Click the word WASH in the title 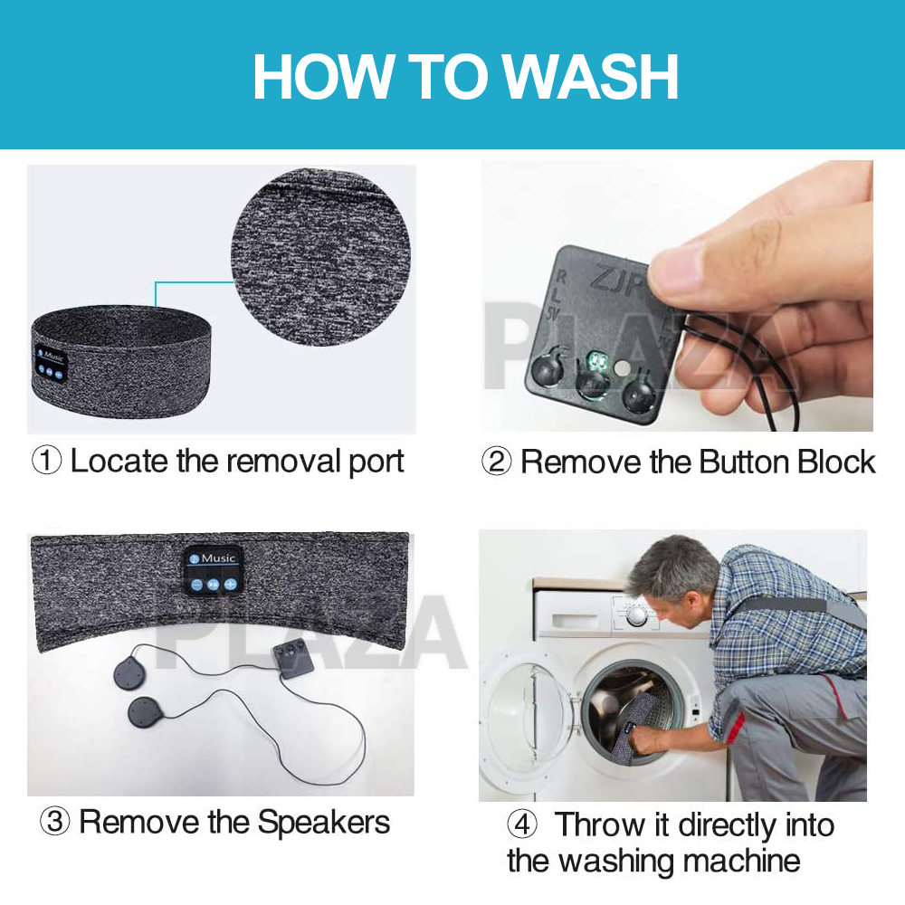(590, 76)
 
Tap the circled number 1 (47, 461)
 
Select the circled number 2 (496, 462)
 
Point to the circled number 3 (55, 821)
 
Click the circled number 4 (522, 824)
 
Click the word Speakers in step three (323, 822)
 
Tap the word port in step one (376, 462)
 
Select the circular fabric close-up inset (321, 257)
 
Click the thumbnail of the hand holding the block (677, 296)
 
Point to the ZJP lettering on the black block (615, 281)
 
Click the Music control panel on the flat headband (213, 571)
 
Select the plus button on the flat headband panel (231, 584)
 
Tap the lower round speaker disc (146, 712)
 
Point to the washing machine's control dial (636, 615)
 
